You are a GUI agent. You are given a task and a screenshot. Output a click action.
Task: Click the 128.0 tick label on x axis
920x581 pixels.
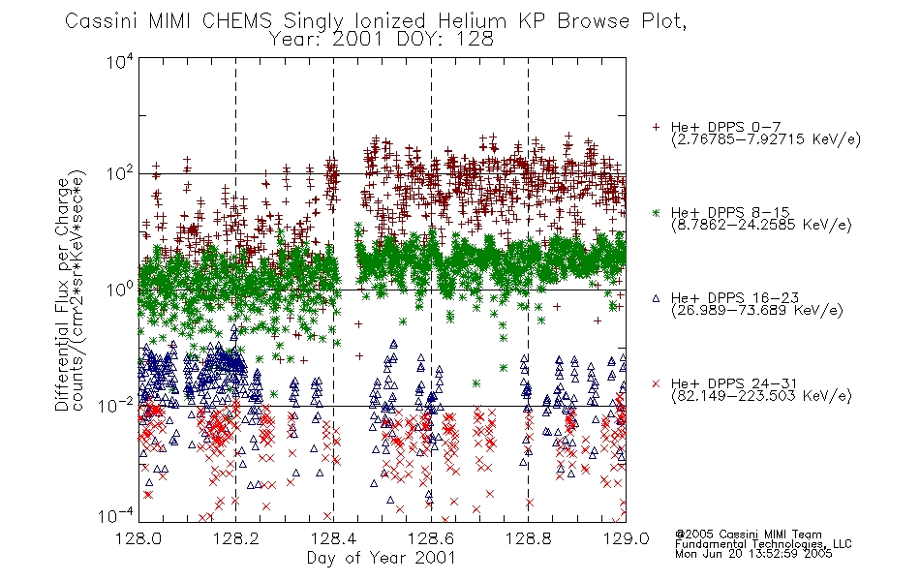point(138,538)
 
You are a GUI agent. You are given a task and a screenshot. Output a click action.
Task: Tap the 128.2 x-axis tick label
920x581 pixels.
point(236,538)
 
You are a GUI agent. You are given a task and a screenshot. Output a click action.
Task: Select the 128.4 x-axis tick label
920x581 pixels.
point(333,538)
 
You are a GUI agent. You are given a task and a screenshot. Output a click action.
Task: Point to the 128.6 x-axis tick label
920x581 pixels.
point(431,538)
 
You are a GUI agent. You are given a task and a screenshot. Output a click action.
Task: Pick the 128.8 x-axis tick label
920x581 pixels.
point(528,538)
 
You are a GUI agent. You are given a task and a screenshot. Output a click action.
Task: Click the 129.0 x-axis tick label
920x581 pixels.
point(626,538)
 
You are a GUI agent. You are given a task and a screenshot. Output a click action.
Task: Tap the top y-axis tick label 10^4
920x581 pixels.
point(120,61)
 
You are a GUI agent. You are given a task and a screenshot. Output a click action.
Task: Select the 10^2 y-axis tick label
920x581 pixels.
point(120,174)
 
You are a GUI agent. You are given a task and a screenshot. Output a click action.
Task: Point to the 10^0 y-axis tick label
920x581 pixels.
point(120,290)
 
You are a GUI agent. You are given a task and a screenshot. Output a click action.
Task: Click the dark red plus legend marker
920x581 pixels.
point(656,127)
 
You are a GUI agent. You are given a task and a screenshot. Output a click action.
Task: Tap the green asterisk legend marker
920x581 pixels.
point(656,212)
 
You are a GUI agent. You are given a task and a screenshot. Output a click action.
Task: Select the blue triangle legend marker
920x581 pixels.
point(656,298)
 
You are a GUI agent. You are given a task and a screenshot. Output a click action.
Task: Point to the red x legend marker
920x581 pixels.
point(656,383)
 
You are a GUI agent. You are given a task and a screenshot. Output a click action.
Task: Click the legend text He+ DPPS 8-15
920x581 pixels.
point(730,212)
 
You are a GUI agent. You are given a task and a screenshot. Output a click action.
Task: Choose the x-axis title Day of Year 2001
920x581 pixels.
point(381,558)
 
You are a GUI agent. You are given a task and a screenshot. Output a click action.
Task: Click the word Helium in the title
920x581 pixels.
point(472,21)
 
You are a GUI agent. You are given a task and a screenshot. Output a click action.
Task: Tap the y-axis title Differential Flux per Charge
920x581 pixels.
point(62,294)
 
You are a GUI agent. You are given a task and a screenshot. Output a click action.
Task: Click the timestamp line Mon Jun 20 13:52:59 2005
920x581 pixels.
point(753,554)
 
